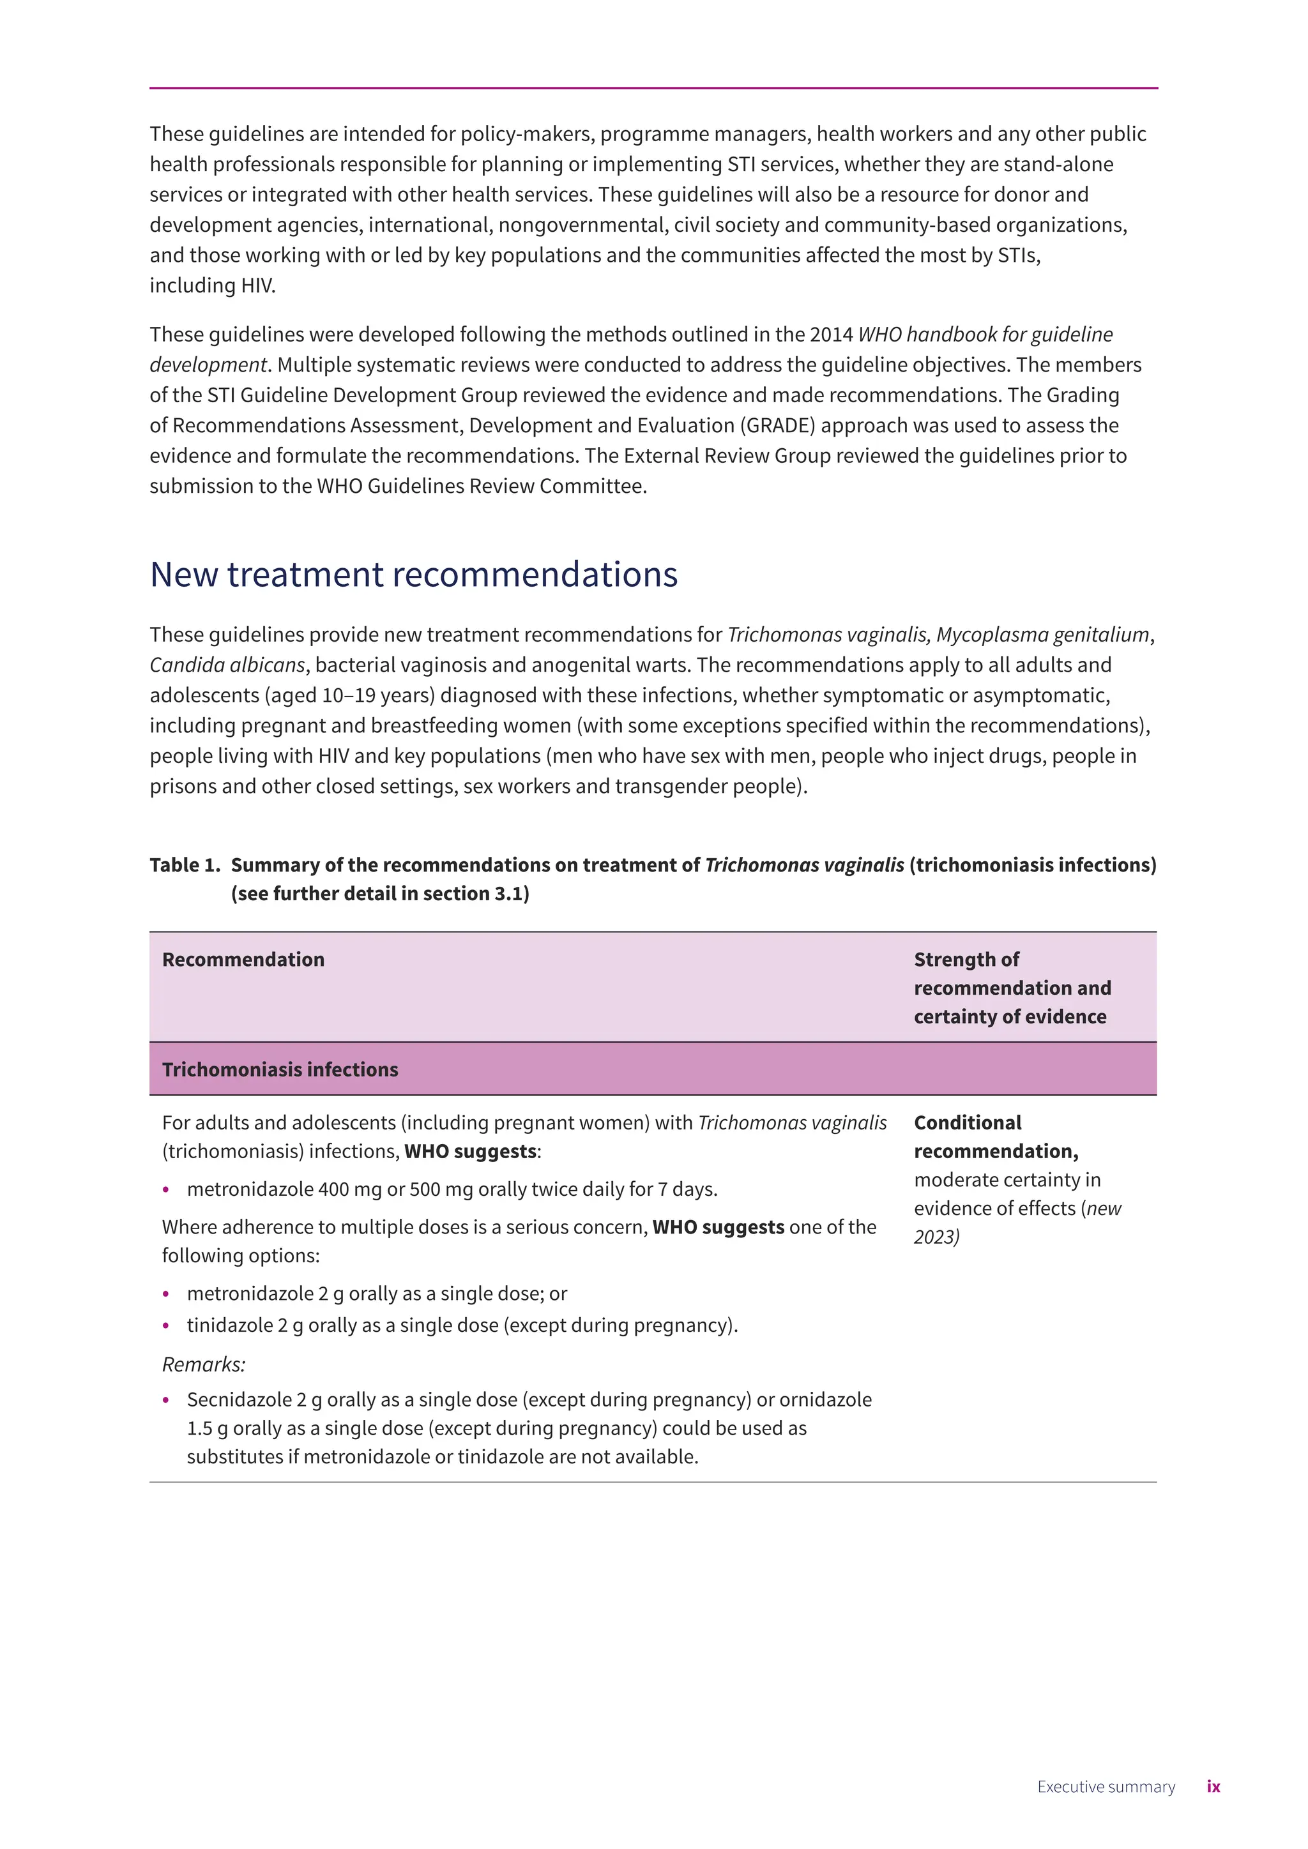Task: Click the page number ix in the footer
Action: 1213,1786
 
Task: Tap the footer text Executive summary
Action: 1105,1786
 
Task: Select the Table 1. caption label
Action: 185,865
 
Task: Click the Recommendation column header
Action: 243,959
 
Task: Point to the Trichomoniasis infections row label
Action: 280,1069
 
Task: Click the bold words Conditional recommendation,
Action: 996,1137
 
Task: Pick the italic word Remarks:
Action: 204,1364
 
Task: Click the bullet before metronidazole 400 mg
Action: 166,1189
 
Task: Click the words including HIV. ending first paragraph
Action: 213,286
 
